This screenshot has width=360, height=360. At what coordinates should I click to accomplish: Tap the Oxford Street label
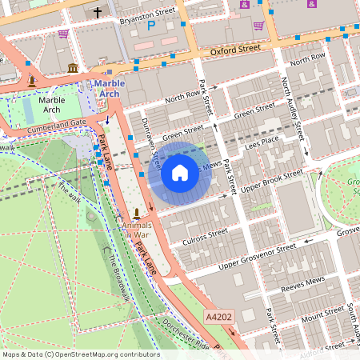236,49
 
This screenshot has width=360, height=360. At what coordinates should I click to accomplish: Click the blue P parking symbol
150,26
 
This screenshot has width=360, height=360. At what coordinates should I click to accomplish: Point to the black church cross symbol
98,13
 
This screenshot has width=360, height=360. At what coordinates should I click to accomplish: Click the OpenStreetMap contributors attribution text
81,354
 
